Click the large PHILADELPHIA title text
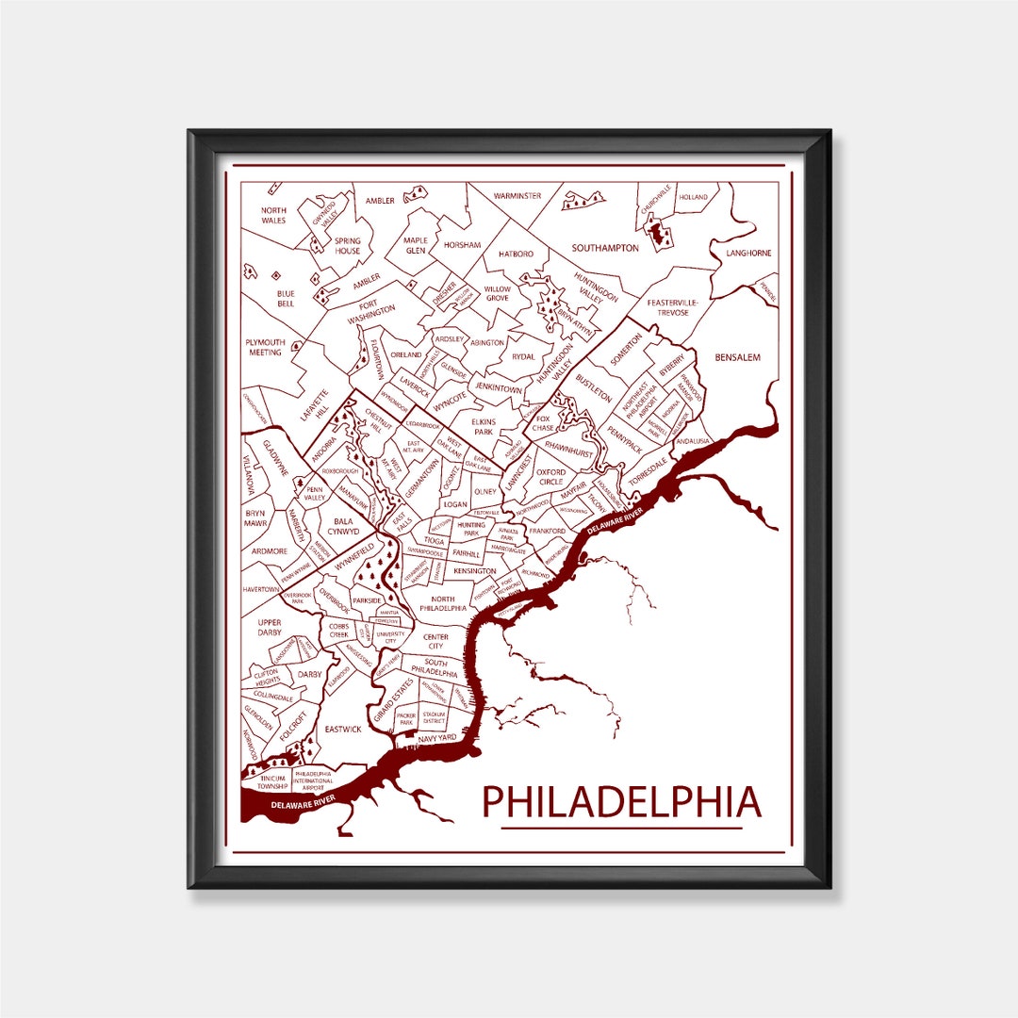(621, 801)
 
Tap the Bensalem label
(737, 357)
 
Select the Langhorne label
(748, 253)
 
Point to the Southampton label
(605, 248)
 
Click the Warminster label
(517, 196)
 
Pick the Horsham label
(462, 245)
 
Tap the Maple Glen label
(416, 245)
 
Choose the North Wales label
(273, 215)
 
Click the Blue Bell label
(286, 299)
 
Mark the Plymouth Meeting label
(265, 347)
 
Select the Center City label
(435, 642)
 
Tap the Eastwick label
(343, 729)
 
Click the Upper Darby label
(270, 628)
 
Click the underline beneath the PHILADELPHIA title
(621, 829)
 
